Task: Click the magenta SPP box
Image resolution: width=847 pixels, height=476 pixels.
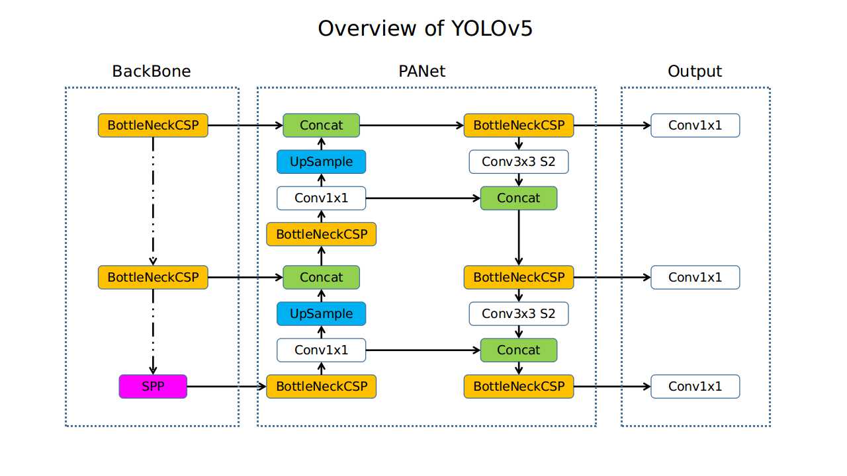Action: tap(153, 386)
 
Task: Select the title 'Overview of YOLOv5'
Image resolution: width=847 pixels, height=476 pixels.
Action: tap(424, 28)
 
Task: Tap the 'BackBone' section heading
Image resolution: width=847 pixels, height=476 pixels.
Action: tap(152, 71)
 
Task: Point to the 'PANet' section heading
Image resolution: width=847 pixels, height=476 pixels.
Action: tap(422, 71)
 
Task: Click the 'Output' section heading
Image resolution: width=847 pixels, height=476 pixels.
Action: tap(695, 71)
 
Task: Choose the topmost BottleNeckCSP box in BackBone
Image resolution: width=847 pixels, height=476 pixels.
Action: tap(153, 125)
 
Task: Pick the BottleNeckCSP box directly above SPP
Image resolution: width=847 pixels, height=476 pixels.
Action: tap(153, 277)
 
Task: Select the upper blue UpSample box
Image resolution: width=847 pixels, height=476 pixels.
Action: tap(321, 161)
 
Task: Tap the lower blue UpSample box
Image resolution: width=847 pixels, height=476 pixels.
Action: tap(321, 313)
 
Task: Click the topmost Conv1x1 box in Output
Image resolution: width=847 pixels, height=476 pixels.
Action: tap(695, 125)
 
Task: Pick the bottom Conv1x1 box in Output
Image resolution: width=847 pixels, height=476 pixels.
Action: tap(695, 386)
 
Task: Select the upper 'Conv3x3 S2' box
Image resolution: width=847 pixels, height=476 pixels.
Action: tap(519, 161)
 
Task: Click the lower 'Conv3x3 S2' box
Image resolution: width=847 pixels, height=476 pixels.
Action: tap(519, 313)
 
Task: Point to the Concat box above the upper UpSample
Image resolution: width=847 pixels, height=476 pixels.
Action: tap(321, 125)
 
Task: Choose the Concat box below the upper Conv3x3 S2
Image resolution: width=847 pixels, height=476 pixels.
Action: tap(519, 198)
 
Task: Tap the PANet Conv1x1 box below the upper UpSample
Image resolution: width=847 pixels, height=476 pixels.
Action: tap(321, 198)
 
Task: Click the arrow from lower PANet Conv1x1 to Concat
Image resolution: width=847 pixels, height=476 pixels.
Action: tap(423, 350)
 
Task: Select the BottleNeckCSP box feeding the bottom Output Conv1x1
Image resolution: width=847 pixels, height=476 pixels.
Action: tap(519, 386)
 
